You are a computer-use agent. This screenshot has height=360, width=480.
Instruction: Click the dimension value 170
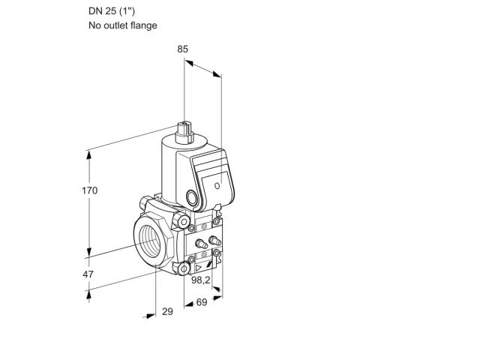[x=89, y=190]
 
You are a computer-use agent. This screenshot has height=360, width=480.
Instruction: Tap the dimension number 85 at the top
[x=182, y=49]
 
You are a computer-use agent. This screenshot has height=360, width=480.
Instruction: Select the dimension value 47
[x=88, y=274]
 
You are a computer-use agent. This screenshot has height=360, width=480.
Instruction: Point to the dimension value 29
[x=167, y=311]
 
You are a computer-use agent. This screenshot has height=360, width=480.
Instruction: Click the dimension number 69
[x=202, y=302]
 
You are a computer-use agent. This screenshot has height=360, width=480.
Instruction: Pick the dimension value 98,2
[x=201, y=280]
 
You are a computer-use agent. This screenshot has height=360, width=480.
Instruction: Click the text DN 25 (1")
[x=112, y=11]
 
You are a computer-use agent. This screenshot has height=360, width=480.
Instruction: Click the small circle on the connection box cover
[x=217, y=185]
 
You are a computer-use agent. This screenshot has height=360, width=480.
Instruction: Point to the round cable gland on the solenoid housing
[x=193, y=197]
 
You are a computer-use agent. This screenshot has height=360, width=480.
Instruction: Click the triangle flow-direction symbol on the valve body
[x=199, y=268]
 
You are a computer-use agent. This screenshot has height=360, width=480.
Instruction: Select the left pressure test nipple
[x=200, y=243]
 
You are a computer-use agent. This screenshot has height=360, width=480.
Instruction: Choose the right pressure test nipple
[x=214, y=240]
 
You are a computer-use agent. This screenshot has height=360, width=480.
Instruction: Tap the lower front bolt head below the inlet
[x=182, y=268]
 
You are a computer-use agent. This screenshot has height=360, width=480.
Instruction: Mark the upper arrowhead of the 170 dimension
[x=89, y=154]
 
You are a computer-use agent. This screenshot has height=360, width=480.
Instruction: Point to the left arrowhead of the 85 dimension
[x=189, y=63]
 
